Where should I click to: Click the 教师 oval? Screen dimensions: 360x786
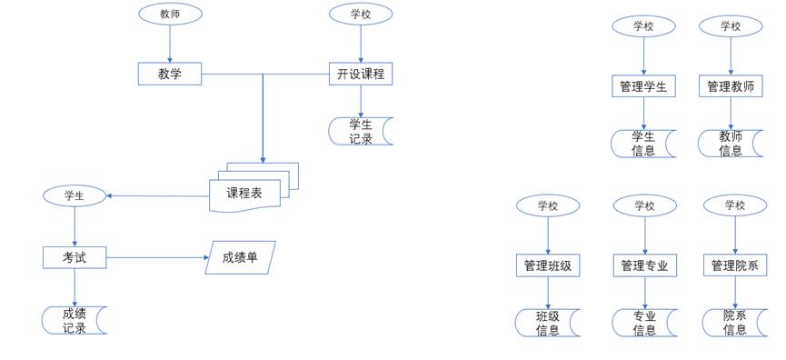coord(170,14)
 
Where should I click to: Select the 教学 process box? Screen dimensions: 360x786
coord(170,75)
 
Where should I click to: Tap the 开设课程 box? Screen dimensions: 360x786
coord(361,75)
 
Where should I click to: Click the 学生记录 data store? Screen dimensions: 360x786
coord(361,132)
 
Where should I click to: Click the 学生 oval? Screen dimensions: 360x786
coord(75,195)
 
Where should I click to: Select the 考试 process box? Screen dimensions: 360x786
coord(75,257)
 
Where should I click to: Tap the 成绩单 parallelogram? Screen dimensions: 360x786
coord(240,257)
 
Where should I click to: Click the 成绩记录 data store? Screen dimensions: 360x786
coord(75,320)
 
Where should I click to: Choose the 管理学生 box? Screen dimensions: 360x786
coord(643,86)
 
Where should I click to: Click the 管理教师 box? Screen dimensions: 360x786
coord(731,86)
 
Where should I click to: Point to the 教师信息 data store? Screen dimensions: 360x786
coord(731,144)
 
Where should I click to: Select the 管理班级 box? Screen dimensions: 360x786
coord(548,265)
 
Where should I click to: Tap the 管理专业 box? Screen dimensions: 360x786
coord(644,265)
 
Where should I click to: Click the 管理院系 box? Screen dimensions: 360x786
coord(734,265)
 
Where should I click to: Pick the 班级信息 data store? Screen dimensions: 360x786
coord(548,323)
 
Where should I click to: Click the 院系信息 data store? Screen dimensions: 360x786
coord(734,323)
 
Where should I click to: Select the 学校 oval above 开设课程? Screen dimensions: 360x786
coord(361,14)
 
